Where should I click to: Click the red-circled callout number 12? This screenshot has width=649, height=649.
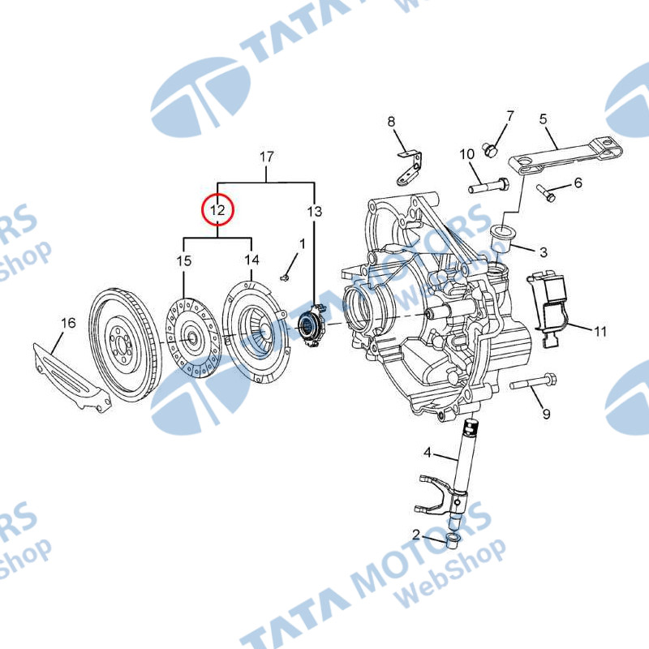217,211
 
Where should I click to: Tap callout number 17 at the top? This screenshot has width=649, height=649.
267,156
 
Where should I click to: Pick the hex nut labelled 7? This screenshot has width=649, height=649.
489,148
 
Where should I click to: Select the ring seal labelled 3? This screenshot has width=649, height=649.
505,234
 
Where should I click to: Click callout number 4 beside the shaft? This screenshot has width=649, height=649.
426,453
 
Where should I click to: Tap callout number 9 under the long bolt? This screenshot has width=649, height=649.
546,414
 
